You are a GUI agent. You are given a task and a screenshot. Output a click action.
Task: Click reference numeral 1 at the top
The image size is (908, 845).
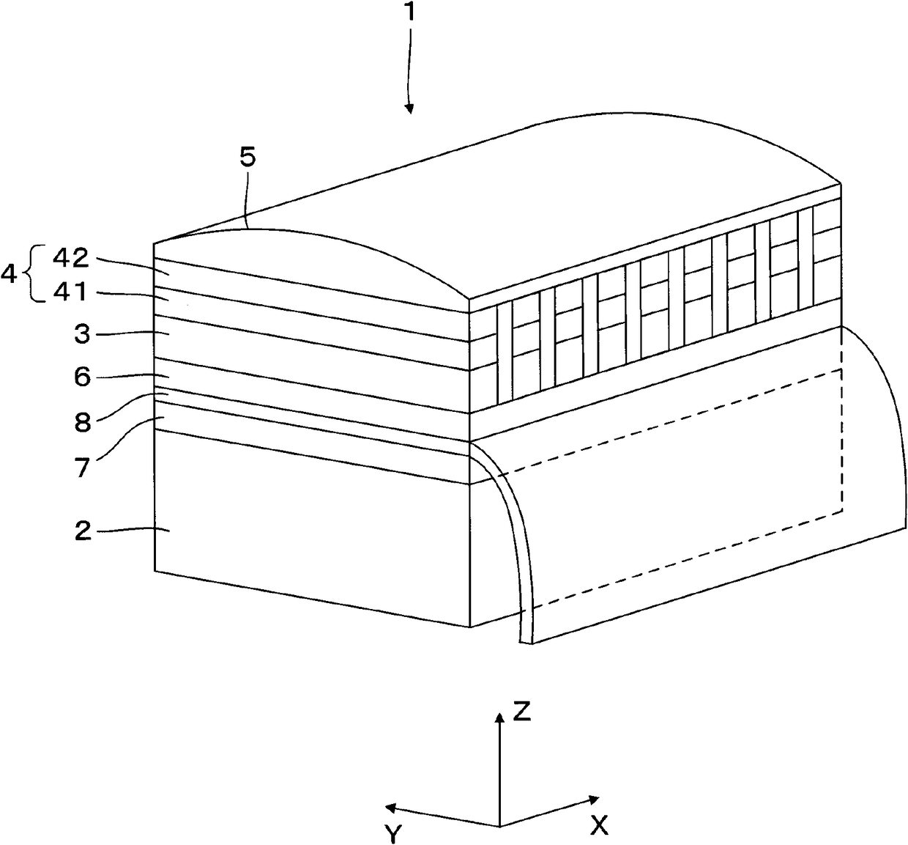pyautogui.click(x=412, y=16)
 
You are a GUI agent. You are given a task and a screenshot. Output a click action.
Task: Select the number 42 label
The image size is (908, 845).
pyautogui.click(x=71, y=258)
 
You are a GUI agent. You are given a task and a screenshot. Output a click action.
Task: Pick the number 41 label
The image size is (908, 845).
pyautogui.click(x=71, y=293)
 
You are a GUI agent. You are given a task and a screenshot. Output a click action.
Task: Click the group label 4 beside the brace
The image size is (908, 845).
pyautogui.click(x=10, y=276)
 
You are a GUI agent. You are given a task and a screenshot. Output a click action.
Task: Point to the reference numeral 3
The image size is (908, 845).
pyautogui.click(x=82, y=335)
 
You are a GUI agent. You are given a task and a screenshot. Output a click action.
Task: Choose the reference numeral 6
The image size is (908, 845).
pyautogui.click(x=82, y=377)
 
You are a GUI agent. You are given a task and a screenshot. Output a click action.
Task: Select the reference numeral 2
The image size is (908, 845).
pyautogui.click(x=82, y=531)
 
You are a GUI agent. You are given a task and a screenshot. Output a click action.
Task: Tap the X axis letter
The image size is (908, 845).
pyautogui.click(x=599, y=826)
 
